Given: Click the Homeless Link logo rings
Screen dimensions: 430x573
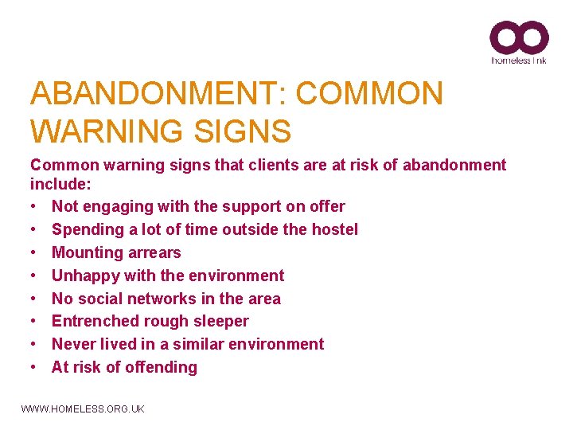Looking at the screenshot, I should pyautogui.click(x=519, y=37).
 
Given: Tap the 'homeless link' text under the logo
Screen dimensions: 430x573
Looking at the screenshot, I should pyautogui.click(x=519, y=60).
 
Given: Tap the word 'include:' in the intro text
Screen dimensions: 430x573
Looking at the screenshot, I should pyautogui.click(x=60, y=184).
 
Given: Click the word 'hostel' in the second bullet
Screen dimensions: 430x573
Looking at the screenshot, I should pyautogui.click(x=334, y=229).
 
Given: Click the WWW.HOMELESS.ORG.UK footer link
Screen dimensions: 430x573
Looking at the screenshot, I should pyautogui.click(x=83, y=408).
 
